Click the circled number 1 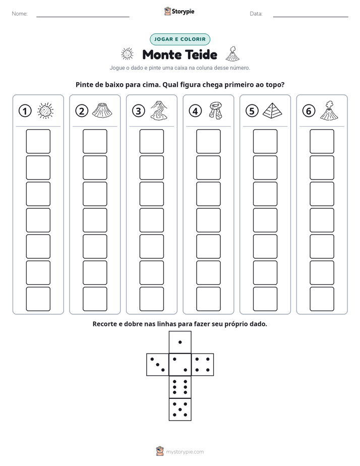pyautogui.click(x=25, y=111)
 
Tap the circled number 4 pyautogui.click(x=195, y=111)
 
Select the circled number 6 pyautogui.click(x=309, y=111)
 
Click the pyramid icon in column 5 pyautogui.click(x=272, y=110)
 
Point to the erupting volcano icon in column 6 pyautogui.click(x=329, y=110)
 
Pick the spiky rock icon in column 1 pyautogui.click(x=45, y=111)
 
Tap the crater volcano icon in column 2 pyautogui.click(x=102, y=110)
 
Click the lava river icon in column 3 pyautogui.click(x=159, y=110)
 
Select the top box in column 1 pyautogui.click(x=38, y=141)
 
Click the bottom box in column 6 pyautogui.click(x=322, y=299)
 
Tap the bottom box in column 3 pyautogui.click(x=151, y=299)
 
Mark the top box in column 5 pyautogui.click(x=265, y=141)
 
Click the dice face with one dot pyautogui.click(x=180, y=342)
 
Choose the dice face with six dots pyautogui.click(x=180, y=387)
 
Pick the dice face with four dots pyautogui.click(x=203, y=365)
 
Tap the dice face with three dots pyautogui.click(x=158, y=365)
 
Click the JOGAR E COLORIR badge pyautogui.click(x=180, y=39)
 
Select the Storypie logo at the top pyautogui.click(x=179, y=12)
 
